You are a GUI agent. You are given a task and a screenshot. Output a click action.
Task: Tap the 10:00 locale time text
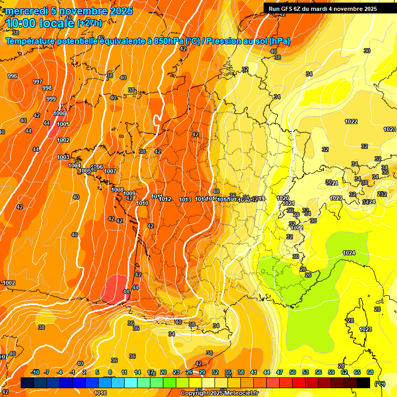(x=39, y=23)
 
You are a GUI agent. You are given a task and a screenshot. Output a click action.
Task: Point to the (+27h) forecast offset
(x=89, y=23)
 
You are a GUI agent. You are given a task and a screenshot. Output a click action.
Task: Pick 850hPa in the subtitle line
(x=169, y=41)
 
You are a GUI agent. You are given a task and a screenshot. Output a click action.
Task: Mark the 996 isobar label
(x=12, y=76)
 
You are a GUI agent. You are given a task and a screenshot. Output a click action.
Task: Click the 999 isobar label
(x=51, y=99)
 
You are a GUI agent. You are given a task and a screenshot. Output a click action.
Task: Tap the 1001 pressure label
(x=63, y=124)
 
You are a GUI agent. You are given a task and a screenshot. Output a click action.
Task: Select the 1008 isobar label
(x=117, y=190)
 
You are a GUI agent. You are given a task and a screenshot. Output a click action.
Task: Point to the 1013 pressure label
(x=185, y=200)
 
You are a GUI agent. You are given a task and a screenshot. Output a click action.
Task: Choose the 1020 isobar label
(x=283, y=198)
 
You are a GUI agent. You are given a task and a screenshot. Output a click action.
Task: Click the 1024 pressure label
(x=349, y=253)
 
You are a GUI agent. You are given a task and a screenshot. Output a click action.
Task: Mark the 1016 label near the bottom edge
(x=100, y=393)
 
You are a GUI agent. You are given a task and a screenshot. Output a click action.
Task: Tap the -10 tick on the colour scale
(x=35, y=372)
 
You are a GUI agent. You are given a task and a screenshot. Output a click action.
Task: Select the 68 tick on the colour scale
(x=370, y=372)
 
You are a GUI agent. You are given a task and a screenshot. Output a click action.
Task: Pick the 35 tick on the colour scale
(x=228, y=372)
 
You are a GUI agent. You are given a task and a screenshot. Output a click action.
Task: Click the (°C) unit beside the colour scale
(x=380, y=384)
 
